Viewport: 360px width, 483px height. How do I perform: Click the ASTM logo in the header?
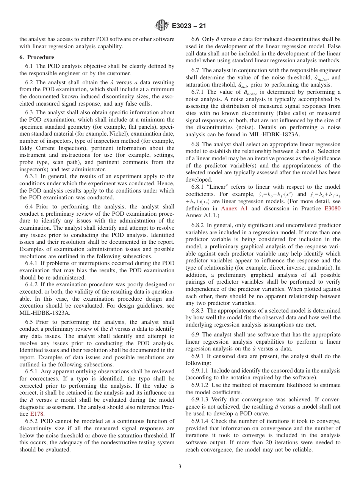point(162,26)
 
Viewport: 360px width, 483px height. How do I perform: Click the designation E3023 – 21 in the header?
point(188,26)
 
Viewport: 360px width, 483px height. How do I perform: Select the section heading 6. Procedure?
point(37,57)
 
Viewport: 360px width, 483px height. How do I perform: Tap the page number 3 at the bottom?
point(180,467)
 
